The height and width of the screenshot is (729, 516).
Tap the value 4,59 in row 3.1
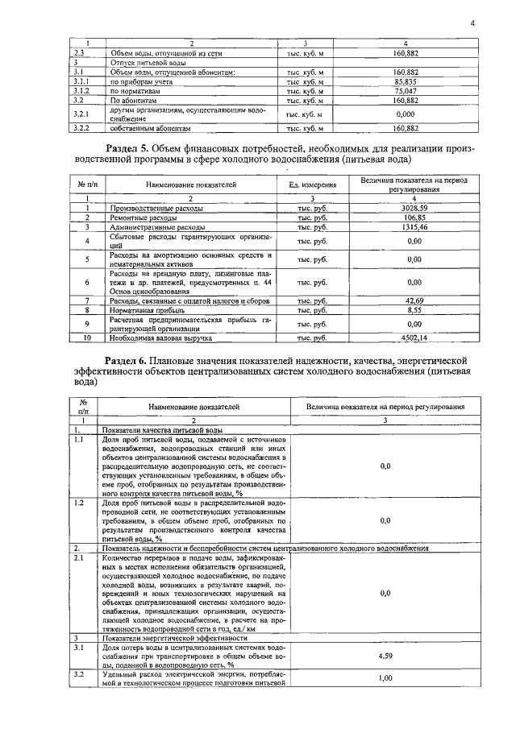tap(385, 656)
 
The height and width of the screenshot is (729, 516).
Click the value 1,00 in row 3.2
tap(385, 679)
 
